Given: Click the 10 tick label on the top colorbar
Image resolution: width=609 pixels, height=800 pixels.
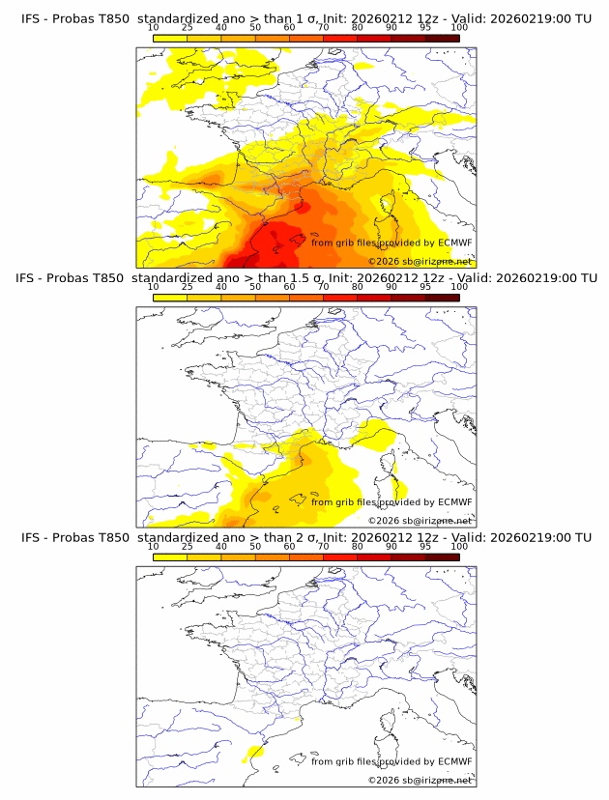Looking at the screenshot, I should (x=153, y=28).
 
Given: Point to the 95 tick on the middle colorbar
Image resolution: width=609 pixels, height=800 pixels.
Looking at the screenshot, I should (x=425, y=287).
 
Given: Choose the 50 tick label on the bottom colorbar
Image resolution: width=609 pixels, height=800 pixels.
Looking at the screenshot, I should (x=255, y=546).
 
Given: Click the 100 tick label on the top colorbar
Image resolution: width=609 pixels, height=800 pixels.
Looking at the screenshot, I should (x=458, y=28).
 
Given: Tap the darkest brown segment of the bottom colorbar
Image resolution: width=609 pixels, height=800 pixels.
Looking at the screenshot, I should (x=442, y=557).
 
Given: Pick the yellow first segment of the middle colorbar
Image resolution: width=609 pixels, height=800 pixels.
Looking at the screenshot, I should (x=169, y=298).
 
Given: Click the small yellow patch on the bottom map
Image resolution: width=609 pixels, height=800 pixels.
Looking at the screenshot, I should (x=255, y=752).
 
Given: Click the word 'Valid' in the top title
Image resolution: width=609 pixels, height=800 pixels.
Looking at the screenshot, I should (x=462, y=18).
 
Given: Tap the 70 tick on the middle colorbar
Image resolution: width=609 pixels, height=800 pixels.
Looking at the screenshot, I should (x=323, y=287).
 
